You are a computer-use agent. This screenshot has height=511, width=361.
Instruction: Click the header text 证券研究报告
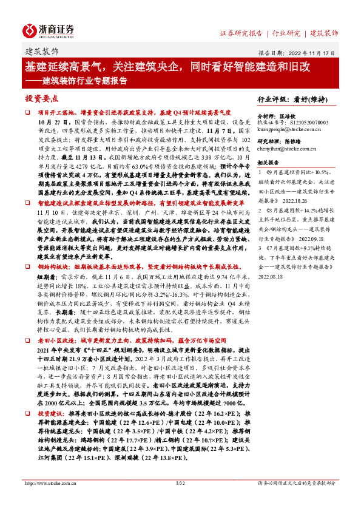click(x=241, y=33)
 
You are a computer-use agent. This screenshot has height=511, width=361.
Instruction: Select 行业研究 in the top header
click(x=286, y=33)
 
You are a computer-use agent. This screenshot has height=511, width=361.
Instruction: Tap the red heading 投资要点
click(x=42, y=98)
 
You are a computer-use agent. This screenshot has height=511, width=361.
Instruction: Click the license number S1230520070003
click(x=306, y=122)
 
